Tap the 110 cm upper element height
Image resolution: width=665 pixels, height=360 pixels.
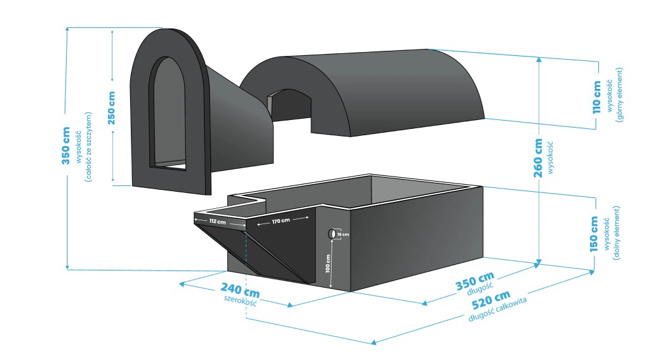pos(596,97)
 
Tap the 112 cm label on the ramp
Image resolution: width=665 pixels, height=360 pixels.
pos(217,222)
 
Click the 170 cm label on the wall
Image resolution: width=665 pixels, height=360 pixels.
pos(281,222)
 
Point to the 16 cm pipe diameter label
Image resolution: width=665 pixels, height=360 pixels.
pos(343,234)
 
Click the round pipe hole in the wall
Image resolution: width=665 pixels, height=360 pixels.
pos(332,234)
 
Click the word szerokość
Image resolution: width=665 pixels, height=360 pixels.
pos(241,301)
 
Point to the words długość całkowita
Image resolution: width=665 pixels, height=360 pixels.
pos(499,309)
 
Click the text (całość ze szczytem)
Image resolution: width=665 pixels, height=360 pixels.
pos(90,147)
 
